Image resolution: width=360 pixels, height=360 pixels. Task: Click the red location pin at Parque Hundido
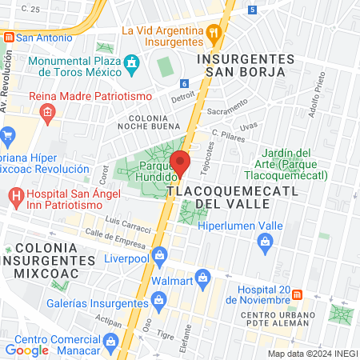click(181, 163)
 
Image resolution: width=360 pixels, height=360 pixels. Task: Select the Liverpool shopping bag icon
click(159, 256)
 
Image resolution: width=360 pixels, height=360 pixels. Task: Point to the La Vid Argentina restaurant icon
click(214, 34)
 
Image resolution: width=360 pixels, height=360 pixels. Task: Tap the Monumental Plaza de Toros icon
click(133, 62)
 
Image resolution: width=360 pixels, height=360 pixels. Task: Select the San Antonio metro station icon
click(8, 37)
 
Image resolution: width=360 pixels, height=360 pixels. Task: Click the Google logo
click(26, 350)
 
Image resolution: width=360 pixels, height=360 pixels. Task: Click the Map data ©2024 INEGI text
click(310, 353)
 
